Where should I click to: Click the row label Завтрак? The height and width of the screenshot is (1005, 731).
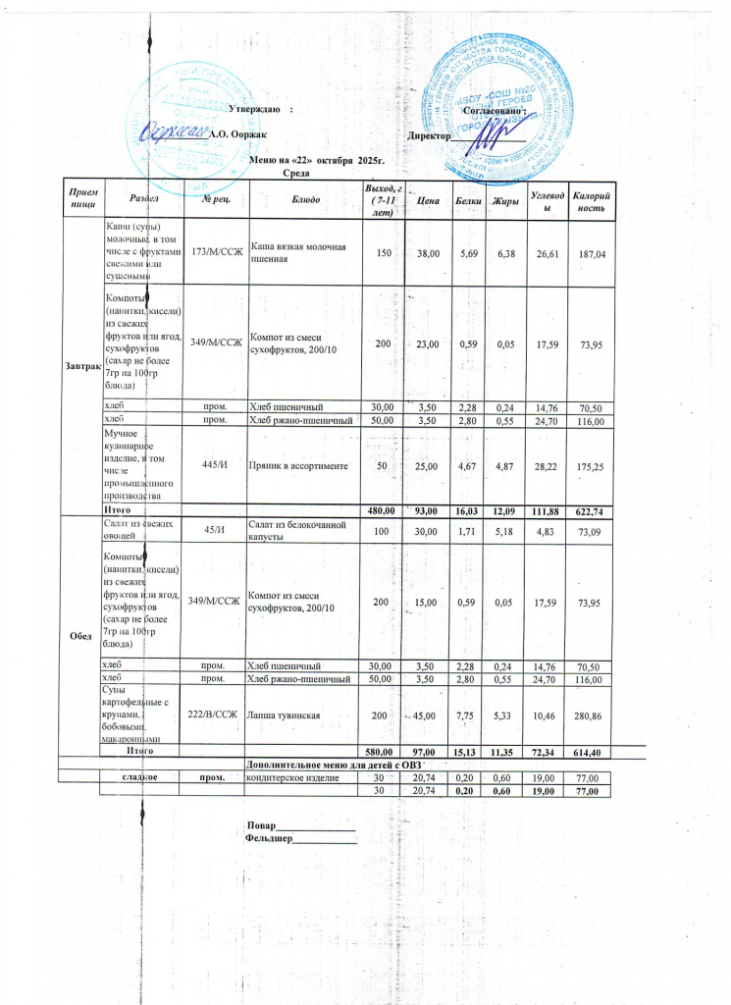coord(82,365)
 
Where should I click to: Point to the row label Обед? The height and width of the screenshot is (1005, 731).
coord(82,634)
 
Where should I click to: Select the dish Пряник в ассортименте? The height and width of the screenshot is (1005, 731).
coord(299,465)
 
